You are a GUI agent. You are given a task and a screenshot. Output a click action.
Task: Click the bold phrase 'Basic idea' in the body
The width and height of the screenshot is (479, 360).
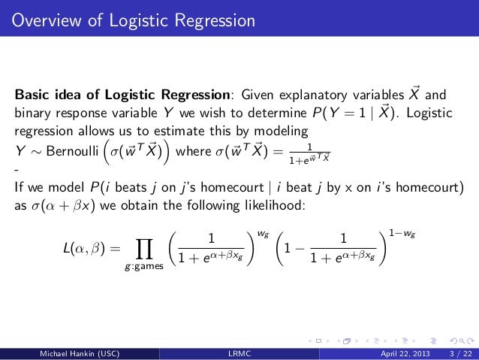pos(47,96)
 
